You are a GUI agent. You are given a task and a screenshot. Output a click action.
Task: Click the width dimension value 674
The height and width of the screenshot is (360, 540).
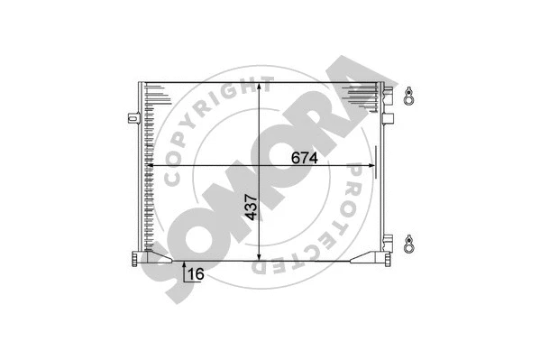[x=305, y=157]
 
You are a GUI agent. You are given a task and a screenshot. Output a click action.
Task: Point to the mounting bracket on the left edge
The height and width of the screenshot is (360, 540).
[x=133, y=116]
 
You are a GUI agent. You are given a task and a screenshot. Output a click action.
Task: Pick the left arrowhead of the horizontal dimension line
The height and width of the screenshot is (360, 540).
[x=151, y=166]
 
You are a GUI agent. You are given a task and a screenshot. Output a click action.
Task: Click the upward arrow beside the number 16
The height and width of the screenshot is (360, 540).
[x=184, y=268]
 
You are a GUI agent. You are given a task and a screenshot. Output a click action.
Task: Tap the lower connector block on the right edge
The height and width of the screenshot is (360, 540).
[x=389, y=243]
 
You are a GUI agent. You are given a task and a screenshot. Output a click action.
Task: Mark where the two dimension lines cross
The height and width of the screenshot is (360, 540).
[x=261, y=166]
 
